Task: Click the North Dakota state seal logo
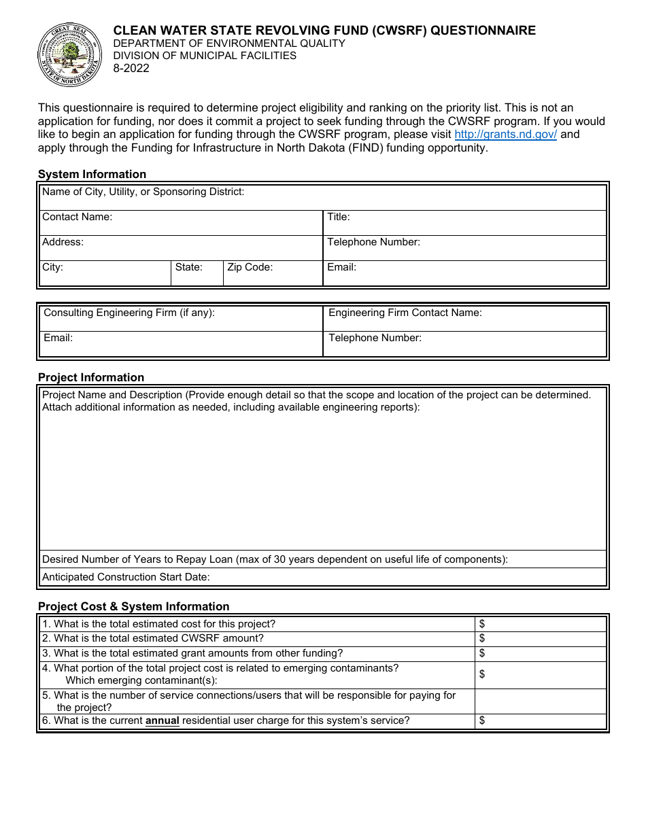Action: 70,54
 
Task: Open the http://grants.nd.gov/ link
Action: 505,135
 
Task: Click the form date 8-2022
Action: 131,68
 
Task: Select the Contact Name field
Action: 181,223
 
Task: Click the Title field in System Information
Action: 464,223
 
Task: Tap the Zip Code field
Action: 273,273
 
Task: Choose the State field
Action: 197,273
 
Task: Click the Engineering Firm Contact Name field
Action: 464,319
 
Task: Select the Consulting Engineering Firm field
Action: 181,319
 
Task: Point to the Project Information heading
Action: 91,377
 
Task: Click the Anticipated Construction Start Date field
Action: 323,577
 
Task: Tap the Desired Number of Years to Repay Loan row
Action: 323,559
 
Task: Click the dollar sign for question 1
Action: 482,624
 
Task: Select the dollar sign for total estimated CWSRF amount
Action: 482,638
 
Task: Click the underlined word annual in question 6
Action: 163,721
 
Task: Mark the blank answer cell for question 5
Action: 540,701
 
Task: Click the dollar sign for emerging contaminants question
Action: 482,674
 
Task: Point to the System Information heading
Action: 92,174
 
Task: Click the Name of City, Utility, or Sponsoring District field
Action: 323,198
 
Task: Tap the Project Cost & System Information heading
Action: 133,606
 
